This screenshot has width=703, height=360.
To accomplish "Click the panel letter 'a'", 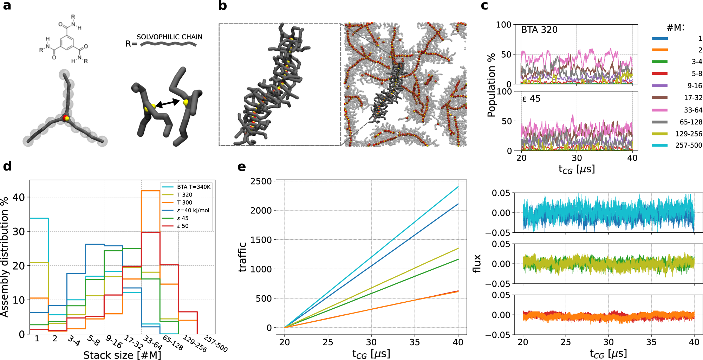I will [7, 6].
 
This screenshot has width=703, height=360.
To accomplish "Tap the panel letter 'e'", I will [241, 167].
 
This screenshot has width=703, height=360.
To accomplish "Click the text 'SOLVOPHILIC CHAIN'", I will [169, 37].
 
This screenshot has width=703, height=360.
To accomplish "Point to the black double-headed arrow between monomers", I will [168, 103].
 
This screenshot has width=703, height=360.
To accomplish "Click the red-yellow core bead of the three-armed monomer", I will [66, 118].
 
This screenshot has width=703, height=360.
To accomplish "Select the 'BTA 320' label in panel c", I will [539, 30].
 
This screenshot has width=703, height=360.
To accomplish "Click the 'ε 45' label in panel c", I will [531, 99].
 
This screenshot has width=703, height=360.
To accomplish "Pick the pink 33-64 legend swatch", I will [659, 110].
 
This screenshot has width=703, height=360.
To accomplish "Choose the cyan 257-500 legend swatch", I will [659, 145].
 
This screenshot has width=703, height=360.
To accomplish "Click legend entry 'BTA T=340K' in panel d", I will [193, 187].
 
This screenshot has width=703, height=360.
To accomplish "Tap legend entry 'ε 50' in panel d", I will [182, 226].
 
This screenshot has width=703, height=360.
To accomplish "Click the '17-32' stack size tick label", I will [134, 342].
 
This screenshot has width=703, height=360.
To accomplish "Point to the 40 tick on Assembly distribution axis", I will [19, 197].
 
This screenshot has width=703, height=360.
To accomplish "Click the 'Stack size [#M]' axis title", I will [122, 355].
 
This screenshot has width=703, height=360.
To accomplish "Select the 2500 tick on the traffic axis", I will [261, 181].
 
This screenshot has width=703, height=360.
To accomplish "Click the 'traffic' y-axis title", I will [242, 257].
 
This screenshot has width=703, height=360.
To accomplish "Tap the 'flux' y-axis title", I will [476, 264].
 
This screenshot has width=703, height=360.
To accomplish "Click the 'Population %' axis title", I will [491, 85].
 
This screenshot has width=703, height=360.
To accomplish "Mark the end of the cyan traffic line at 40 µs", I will [458, 187].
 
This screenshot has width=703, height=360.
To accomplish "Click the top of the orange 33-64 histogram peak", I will [150, 191].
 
